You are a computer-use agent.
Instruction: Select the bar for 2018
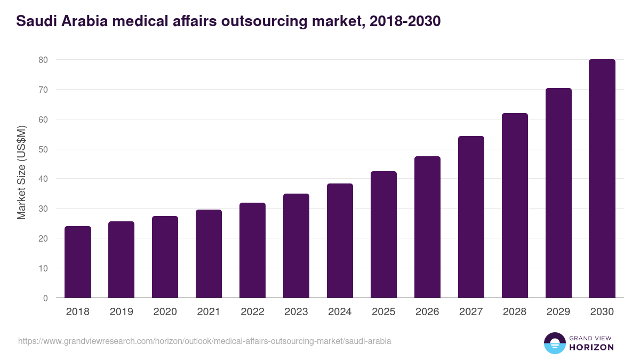click(78, 262)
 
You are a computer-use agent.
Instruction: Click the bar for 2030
click(602, 179)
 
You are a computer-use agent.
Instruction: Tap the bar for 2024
click(340, 241)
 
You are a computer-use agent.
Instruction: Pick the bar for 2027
click(471, 217)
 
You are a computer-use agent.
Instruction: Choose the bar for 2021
click(209, 254)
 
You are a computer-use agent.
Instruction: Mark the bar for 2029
click(558, 193)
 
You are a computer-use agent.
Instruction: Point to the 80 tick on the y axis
click(43, 60)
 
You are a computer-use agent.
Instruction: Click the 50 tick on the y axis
click(43, 149)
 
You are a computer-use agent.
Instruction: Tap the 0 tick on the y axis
click(46, 298)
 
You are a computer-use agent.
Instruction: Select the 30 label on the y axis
click(43, 209)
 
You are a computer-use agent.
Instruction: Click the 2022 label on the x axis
click(252, 312)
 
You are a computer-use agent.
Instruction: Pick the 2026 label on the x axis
click(427, 312)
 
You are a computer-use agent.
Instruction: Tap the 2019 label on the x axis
click(121, 312)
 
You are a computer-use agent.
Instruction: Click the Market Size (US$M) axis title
click(21, 172)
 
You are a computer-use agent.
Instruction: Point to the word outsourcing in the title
click(259, 21)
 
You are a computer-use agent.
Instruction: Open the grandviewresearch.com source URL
click(205, 341)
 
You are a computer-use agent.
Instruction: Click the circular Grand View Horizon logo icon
click(554, 343)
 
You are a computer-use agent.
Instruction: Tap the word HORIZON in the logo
click(591, 347)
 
